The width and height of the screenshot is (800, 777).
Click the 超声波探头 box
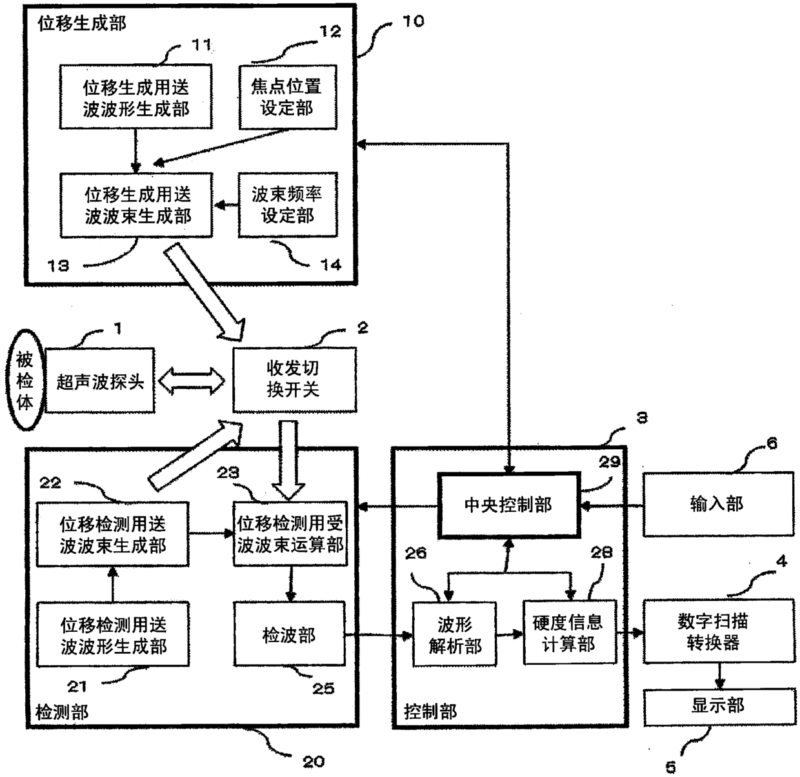point(100,381)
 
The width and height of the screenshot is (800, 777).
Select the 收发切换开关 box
point(294,379)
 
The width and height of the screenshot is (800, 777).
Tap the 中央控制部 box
point(509,505)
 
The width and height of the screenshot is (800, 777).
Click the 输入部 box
point(718,504)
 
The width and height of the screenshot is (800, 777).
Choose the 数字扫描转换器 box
point(718,631)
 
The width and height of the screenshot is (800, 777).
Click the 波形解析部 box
point(454,634)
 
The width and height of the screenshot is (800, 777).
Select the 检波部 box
point(290,634)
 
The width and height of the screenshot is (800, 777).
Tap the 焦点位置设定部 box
point(288,97)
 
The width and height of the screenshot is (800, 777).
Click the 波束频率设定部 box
point(288,205)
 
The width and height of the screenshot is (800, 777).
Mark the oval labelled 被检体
point(25,380)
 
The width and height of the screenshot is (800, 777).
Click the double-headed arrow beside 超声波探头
point(192,381)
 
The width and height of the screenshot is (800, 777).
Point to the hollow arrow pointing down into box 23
point(288,460)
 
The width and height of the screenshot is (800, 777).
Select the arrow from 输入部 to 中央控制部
point(612,505)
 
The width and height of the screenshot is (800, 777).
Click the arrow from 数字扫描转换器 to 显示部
point(720,676)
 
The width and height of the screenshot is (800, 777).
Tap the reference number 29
point(609,462)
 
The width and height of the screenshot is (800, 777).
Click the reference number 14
point(331,265)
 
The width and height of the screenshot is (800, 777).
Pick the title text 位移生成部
point(82,23)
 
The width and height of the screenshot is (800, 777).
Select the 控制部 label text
point(430,711)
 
